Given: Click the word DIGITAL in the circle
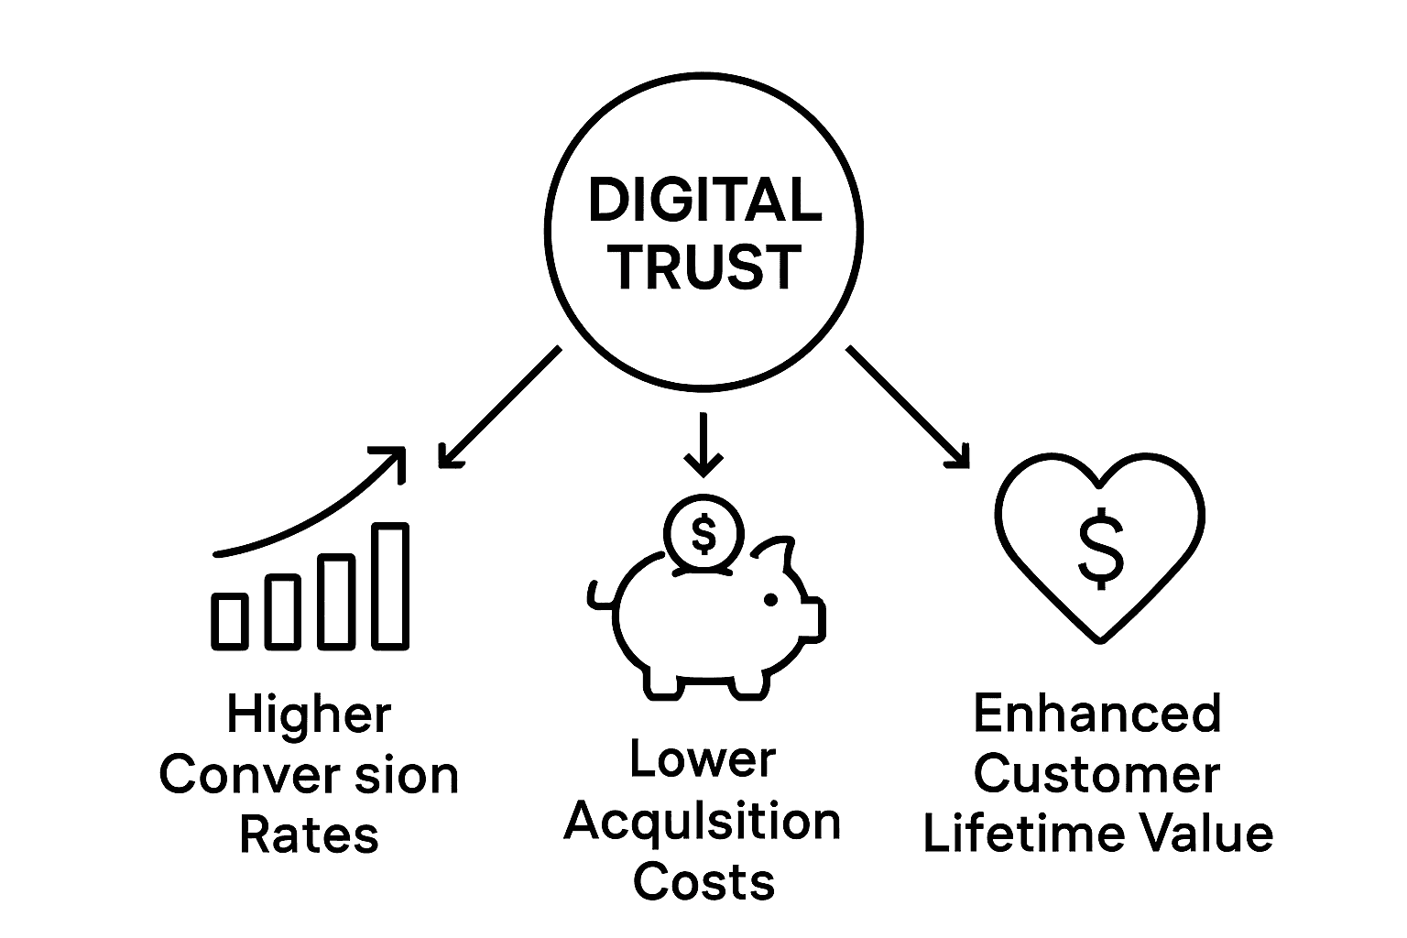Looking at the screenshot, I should pyautogui.click(x=703, y=201).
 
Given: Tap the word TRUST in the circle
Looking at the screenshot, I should pyautogui.click(x=703, y=267).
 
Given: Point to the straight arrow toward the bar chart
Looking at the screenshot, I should pyautogui.click(x=499, y=407).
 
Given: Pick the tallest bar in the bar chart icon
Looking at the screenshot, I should pyautogui.click(x=390, y=585).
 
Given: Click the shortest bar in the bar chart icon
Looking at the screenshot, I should pyautogui.click(x=230, y=620).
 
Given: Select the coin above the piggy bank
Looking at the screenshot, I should pyautogui.click(x=703, y=534).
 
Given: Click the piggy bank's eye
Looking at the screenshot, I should pyautogui.click(x=770, y=599).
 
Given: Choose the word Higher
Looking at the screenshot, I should pyautogui.click(x=310, y=714).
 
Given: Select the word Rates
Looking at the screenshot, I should pyautogui.click(x=310, y=835).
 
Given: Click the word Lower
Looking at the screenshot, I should pyautogui.click(x=703, y=760).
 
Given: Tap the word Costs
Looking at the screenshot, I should pyautogui.click(x=703, y=881).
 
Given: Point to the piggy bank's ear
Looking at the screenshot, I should pyautogui.click(x=776, y=554).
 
